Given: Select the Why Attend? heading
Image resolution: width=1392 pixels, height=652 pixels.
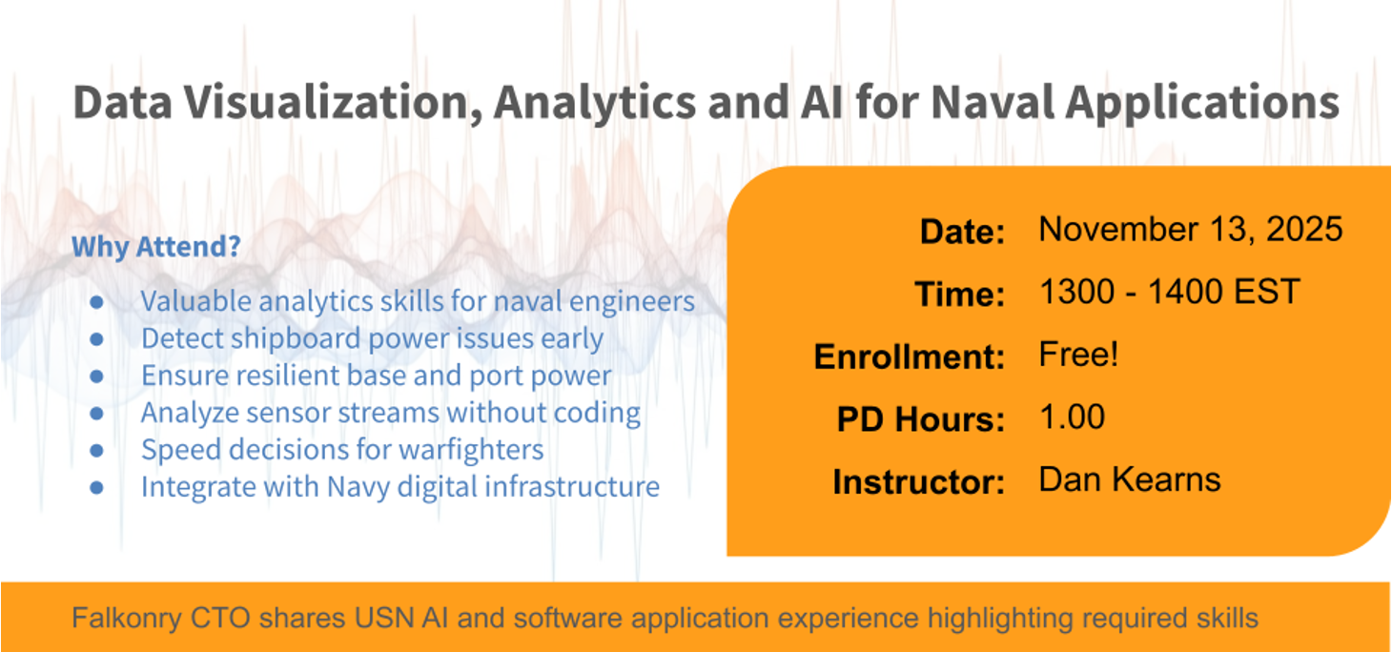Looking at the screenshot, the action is pyautogui.click(x=156, y=246).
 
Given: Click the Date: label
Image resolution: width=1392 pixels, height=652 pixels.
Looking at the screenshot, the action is pyautogui.click(x=962, y=232).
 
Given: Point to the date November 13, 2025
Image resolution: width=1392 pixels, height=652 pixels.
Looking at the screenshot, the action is pyautogui.click(x=1191, y=230).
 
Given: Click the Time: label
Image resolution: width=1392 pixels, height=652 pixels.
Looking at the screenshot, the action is pyautogui.click(x=959, y=294).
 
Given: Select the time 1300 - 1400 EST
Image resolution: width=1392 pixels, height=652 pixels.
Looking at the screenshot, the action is pyautogui.click(x=1170, y=292).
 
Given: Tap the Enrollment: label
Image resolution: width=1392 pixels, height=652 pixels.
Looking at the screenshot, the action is pyautogui.click(x=910, y=357).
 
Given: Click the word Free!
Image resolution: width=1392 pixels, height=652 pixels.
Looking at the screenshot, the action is pyautogui.click(x=1079, y=355).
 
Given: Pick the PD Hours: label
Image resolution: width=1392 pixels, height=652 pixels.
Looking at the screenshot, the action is pyautogui.click(x=920, y=418).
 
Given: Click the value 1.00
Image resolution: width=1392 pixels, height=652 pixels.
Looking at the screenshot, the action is pyautogui.click(x=1072, y=418).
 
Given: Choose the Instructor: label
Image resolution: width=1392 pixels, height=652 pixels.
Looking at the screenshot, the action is pyautogui.click(x=918, y=481).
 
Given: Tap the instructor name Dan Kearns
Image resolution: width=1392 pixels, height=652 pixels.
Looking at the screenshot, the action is pyautogui.click(x=1130, y=479).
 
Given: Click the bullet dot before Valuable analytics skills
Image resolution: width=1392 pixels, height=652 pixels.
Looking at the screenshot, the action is pyautogui.click(x=96, y=302).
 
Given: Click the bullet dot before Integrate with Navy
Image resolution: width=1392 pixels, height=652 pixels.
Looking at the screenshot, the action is pyautogui.click(x=96, y=487).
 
